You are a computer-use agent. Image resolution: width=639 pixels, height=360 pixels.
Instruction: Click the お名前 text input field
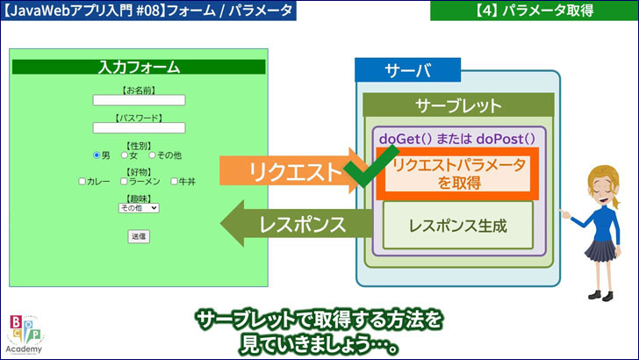[x=139, y=100]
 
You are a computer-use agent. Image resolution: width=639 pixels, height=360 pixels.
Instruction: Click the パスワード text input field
[x=139, y=128]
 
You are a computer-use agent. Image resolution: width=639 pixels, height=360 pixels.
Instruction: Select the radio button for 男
[x=97, y=155]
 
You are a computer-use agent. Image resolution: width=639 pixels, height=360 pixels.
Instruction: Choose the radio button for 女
[x=126, y=155]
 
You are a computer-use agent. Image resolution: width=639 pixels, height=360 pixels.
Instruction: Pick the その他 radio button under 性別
[x=152, y=155]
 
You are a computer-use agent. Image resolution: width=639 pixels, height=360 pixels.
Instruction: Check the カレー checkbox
[x=83, y=182]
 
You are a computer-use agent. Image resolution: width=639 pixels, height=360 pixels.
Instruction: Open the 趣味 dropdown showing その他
[x=139, y=208]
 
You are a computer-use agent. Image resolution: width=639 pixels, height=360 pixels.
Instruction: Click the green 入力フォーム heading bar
[x=139, y=67]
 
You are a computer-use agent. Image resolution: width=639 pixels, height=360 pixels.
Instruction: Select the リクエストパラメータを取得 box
[x=458, y=173]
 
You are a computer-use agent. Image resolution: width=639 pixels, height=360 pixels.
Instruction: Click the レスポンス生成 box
[x=458, y=225]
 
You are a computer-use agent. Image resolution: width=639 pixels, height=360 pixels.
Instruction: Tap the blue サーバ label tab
[x=407, y=70]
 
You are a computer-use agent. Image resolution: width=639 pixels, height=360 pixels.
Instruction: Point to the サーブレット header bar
[x=458, y=106]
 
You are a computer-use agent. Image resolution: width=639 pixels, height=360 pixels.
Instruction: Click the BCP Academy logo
[x=24, y=334]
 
